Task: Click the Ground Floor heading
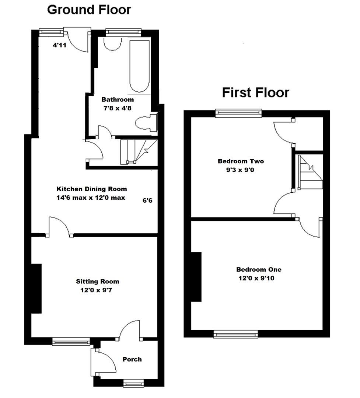89,10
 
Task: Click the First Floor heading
255,92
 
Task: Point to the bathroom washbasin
112,44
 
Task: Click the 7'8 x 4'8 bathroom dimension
118,108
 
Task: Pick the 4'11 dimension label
59,46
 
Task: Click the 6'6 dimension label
147,201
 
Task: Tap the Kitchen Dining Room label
91,189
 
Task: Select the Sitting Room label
98,282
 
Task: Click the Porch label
132,359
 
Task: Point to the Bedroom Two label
241,161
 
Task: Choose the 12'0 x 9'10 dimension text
256,279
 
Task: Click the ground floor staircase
139,151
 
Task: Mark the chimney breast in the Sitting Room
36,289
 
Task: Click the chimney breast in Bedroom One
196,277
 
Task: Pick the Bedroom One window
235,334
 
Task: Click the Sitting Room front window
71,342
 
